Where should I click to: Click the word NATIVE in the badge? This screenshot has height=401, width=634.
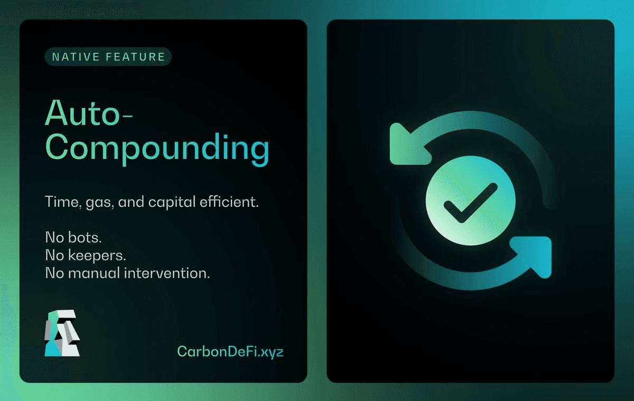(x=76, y=57)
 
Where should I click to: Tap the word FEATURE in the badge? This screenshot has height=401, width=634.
(x=135, y=57)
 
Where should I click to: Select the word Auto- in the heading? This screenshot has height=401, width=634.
(x=89, y=112)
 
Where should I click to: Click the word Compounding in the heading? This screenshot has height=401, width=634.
(x=157, y=149)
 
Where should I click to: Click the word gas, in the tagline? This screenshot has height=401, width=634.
(x=100, y=203)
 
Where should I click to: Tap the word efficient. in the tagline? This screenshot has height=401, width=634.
(x=229, y=202)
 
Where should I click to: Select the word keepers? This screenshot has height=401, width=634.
(x=97, y=256)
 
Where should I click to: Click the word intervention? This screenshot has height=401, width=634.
(x=167, y=273)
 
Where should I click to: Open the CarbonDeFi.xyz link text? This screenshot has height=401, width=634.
(x=230, y=352)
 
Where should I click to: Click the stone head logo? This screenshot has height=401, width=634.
(x=62, y=333)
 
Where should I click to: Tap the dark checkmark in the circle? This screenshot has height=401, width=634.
(x=471, y=203)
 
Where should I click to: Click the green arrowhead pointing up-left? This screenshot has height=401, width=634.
(x=407, y=146)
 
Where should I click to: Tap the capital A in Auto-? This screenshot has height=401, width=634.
(x=57, y=112)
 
